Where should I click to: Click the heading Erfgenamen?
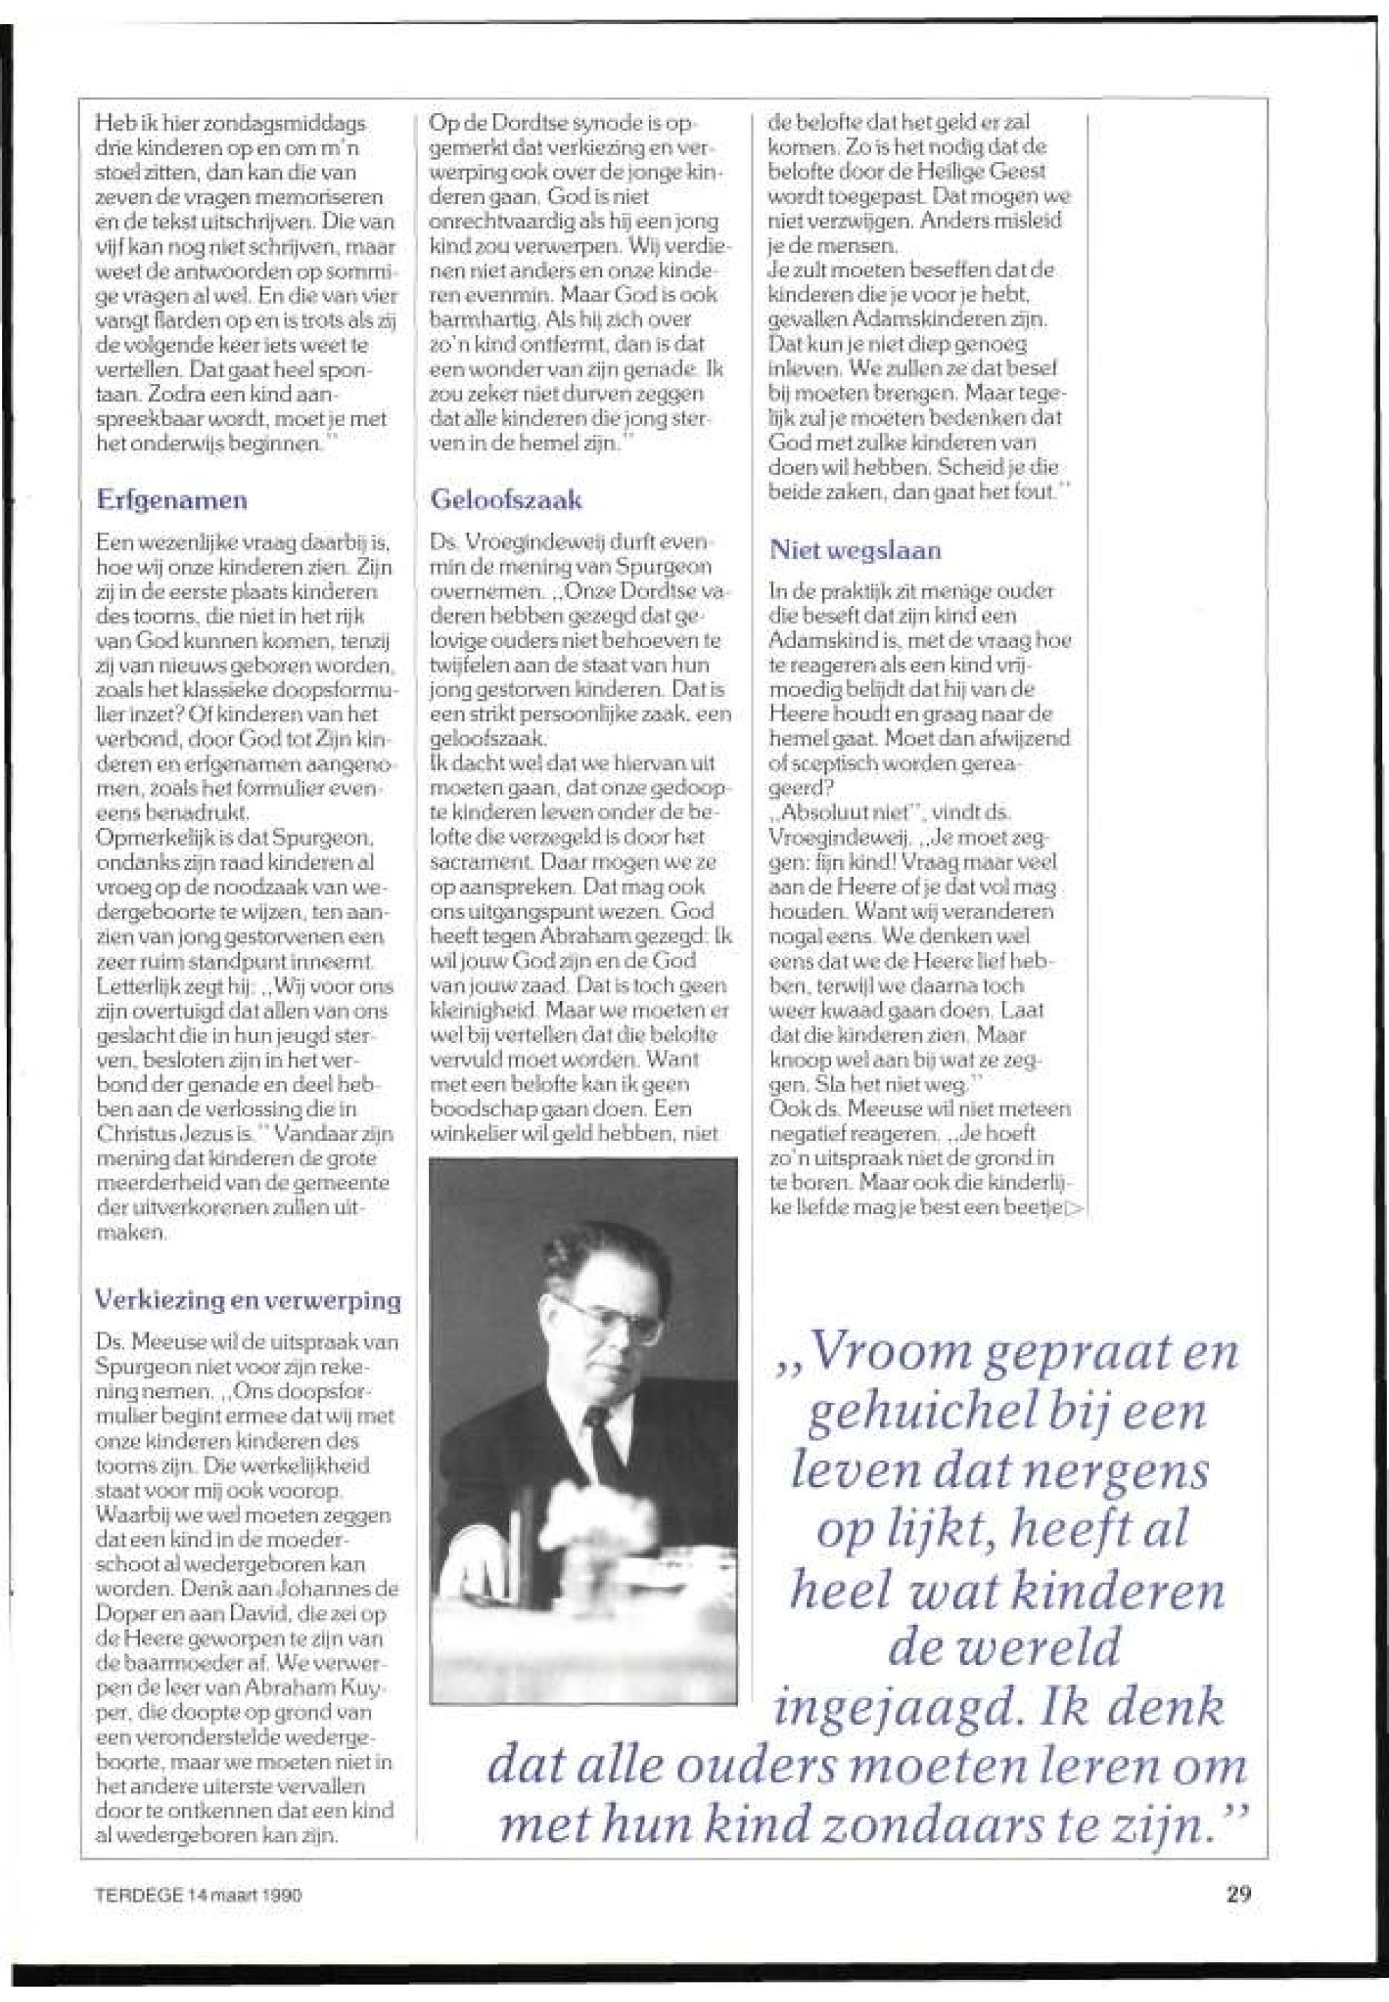(x=172, y=501)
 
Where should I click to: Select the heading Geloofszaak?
(x=507, y=500)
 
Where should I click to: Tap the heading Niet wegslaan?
(x=855, y=551)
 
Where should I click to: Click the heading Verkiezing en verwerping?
(x=247, y=1301)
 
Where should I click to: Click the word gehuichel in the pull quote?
(x=924, y=1415)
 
